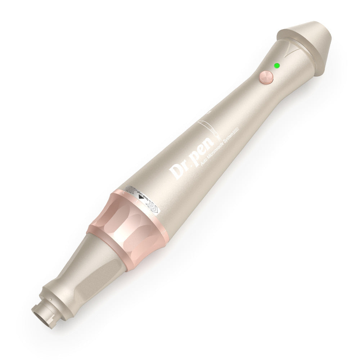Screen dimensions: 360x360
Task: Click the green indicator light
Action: click(x=277, y=66)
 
